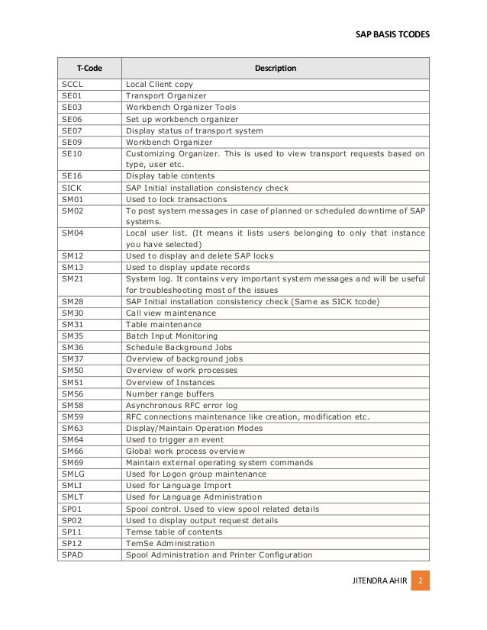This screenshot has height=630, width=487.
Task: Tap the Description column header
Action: [x=276, y=69]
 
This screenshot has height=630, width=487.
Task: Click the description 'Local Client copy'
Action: [x=160, y=84]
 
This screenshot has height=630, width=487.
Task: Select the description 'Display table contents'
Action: [x=173, y=175]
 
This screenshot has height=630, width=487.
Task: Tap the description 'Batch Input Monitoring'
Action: [x=172, y=336]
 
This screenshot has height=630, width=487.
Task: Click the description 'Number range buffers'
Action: [x=169, y=394]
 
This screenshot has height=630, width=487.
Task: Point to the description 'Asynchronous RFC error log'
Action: [x=182, y=405]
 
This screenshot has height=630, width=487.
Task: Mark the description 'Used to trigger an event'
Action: [x=174, y=439]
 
